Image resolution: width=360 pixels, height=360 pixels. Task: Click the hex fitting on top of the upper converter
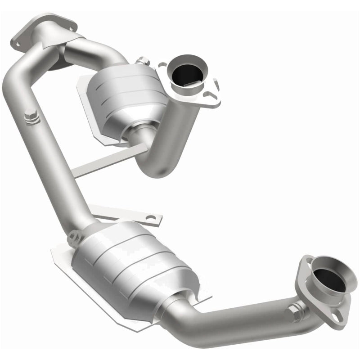tap(144, 60)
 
